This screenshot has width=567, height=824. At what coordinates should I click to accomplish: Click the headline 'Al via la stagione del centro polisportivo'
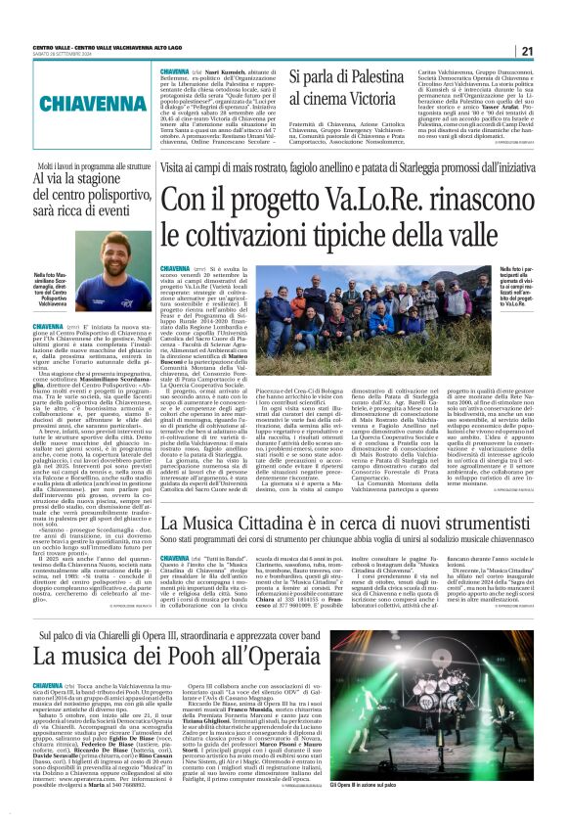coord(79,207)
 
